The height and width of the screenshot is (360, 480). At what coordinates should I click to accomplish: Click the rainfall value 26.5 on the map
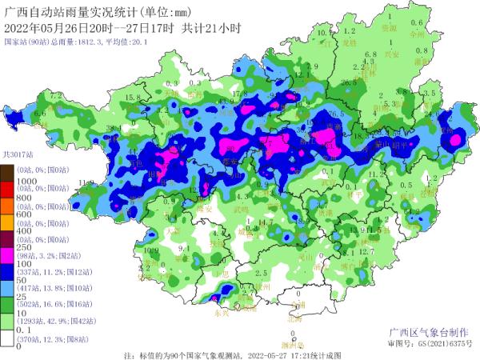(x=347, y=83)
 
